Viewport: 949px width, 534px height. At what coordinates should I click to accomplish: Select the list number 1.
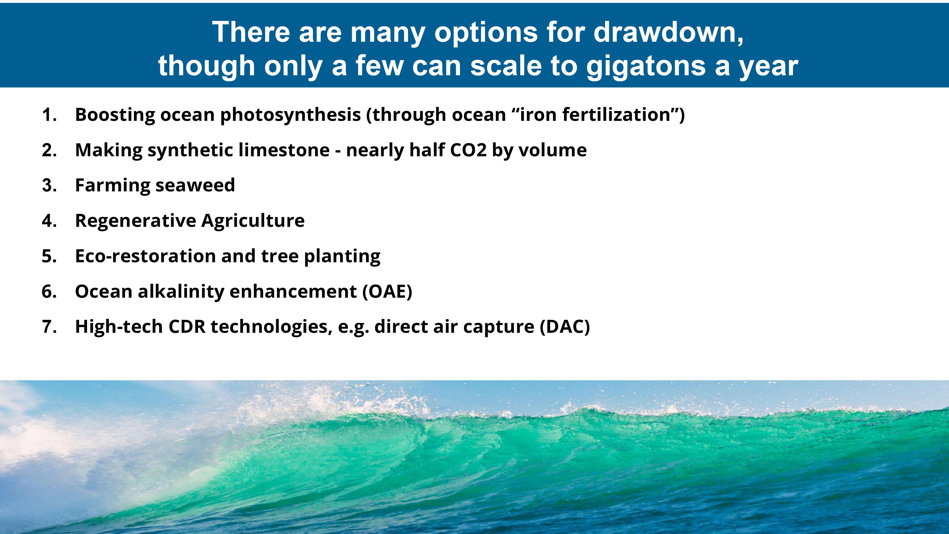coord(49,115)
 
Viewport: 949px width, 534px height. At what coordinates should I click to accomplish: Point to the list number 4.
coord(49,221)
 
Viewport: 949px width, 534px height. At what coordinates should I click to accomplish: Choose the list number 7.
coord(49,327)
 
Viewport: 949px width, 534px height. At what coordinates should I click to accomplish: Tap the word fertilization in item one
coord(616,115)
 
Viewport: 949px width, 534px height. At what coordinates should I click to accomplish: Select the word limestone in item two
coord(284,150)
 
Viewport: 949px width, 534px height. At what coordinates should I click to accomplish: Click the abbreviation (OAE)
coord(387,291)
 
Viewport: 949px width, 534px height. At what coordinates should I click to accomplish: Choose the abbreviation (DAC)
coord(565,327)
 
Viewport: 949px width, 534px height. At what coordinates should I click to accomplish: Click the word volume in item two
coord(553,150)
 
